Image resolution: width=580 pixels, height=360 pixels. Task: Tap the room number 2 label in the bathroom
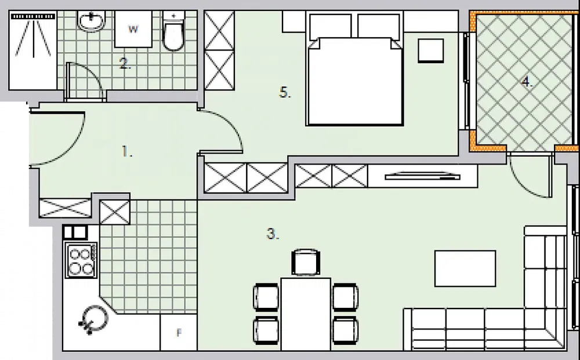pos(125,64)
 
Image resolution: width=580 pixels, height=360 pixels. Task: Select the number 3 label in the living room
pos(273,234)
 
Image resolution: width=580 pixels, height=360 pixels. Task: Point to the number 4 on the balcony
pos(527,82)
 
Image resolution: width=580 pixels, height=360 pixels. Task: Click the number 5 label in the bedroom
pos(285,92)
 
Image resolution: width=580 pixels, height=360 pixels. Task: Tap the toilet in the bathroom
pos(173,31)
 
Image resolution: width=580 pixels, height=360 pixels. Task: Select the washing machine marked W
pos(133,29)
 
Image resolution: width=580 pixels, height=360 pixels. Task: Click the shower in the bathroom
pos(33,50)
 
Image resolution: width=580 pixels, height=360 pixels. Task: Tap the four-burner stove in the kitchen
pos(81,260)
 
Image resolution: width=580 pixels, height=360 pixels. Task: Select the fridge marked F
pos(179,332)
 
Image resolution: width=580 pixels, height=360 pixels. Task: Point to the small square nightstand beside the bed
pos(431,50)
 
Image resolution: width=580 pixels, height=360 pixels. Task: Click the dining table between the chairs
pos(306,314)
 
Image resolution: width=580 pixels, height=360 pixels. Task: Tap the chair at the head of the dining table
pos(306,262)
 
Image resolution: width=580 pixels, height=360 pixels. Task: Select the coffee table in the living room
pos(465,268)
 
